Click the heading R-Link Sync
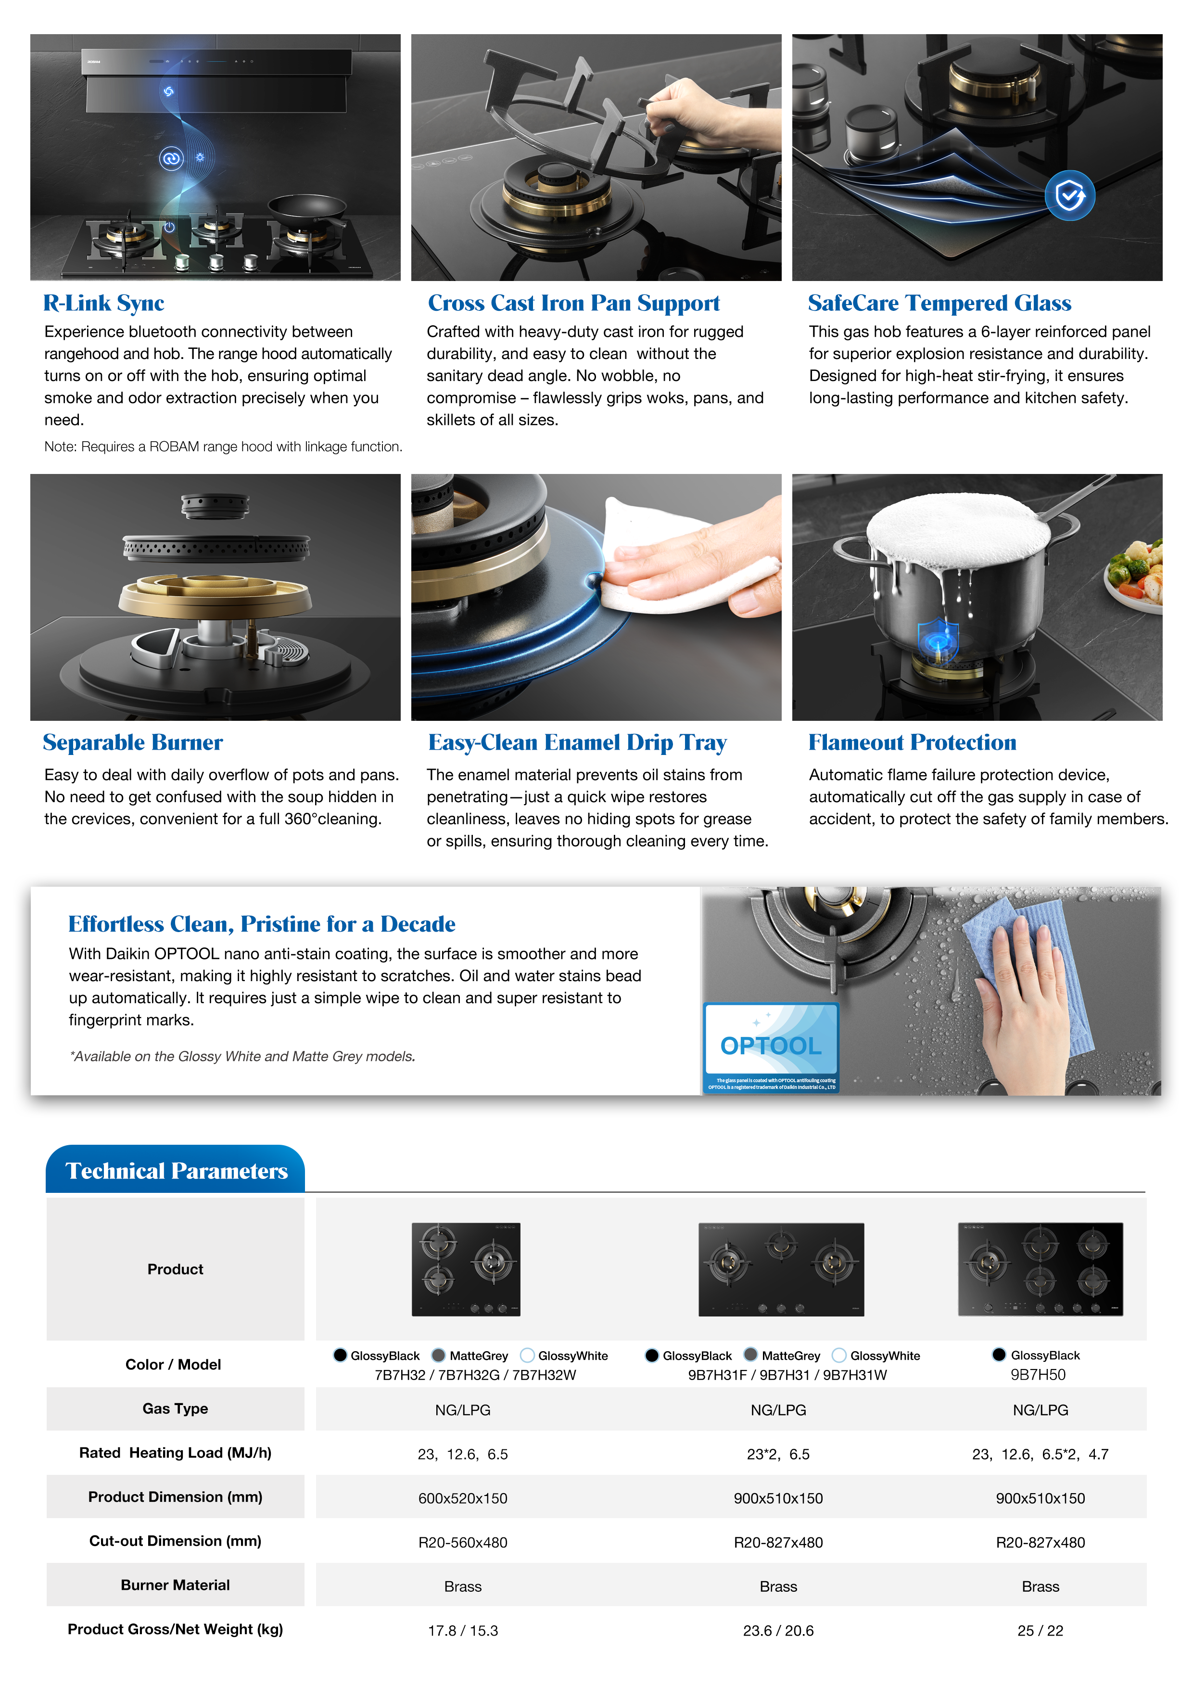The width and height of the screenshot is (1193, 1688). click(103, 303)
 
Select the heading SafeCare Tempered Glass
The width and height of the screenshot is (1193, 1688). click(939, 303)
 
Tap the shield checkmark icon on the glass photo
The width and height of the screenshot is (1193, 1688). click(1069, 195)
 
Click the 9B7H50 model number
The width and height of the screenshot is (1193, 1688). click(1038, 1375)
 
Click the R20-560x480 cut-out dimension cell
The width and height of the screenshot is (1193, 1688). click(463, 1542)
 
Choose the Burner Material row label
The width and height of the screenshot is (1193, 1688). click(175, 1585)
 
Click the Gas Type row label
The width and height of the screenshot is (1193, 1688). click(175, 1408)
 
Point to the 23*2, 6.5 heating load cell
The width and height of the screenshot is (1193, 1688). click(778, 1454)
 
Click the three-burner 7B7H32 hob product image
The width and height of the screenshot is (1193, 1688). click(466, 1269)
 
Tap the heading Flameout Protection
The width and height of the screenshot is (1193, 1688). click(912, 742)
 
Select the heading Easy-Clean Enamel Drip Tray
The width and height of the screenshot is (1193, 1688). click(577, 742)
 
